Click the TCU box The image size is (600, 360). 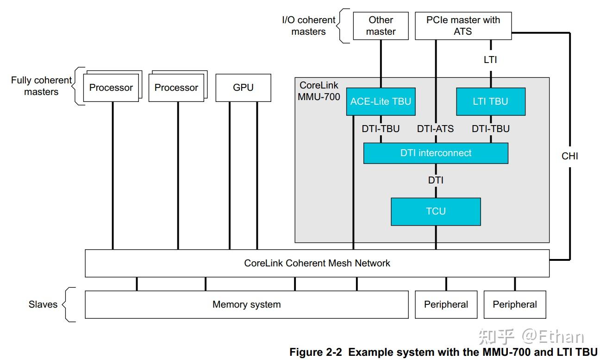pyautogui.click(x=436, y=211)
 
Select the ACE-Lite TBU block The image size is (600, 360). pyautogui.click(x=381, y=101)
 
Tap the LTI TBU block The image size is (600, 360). pyautogui.click(x=490, y=101)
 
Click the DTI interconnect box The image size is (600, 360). pyautogui.click(x=436, y=153)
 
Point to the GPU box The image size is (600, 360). pyautogui.click(x=243, y=88)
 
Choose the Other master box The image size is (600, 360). pyautogui.click(x=381, y=26)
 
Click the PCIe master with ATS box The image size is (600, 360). pyautogui.click(x=463, y=26)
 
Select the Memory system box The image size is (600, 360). pyautogui.click(x=246, y=304)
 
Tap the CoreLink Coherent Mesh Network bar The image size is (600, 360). pyautogui.click(x=317, y=263)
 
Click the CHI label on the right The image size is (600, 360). pyautogui.click(x=570, y=156)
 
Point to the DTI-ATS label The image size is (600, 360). pyautogui.click(x=435, y=129)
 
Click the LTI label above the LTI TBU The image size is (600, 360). pyautogui.click(x=490, y=59)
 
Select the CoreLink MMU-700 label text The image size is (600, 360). pyautogui.click(x=319, y=91)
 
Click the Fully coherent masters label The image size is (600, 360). pyautogui.click(x=41, y=86)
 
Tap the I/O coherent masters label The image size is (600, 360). pyautogui.click(x=309, y=26)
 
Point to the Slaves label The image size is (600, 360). pyautogui.click(x=43, y=304)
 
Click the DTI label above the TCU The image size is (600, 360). pyautogui.click(x=436, y=180)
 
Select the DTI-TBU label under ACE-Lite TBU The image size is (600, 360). pyautogui.click(x=381, y=129)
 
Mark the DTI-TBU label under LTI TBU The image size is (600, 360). pyautogui.click(x=490, y=129)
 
